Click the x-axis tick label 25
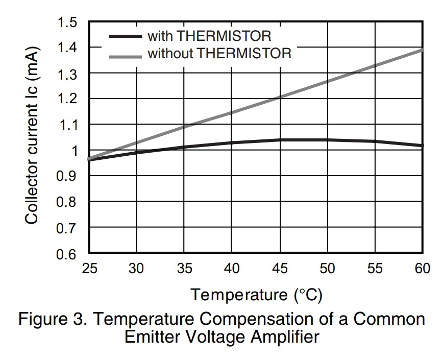89,269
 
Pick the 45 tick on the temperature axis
279,269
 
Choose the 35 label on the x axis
184,269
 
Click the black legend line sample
125,36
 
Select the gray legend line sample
125,53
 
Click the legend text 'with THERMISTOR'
209,36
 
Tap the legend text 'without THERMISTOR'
219,53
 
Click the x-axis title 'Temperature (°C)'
257,295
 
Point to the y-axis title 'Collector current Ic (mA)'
32,138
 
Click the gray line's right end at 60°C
422,50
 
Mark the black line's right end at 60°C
422,146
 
